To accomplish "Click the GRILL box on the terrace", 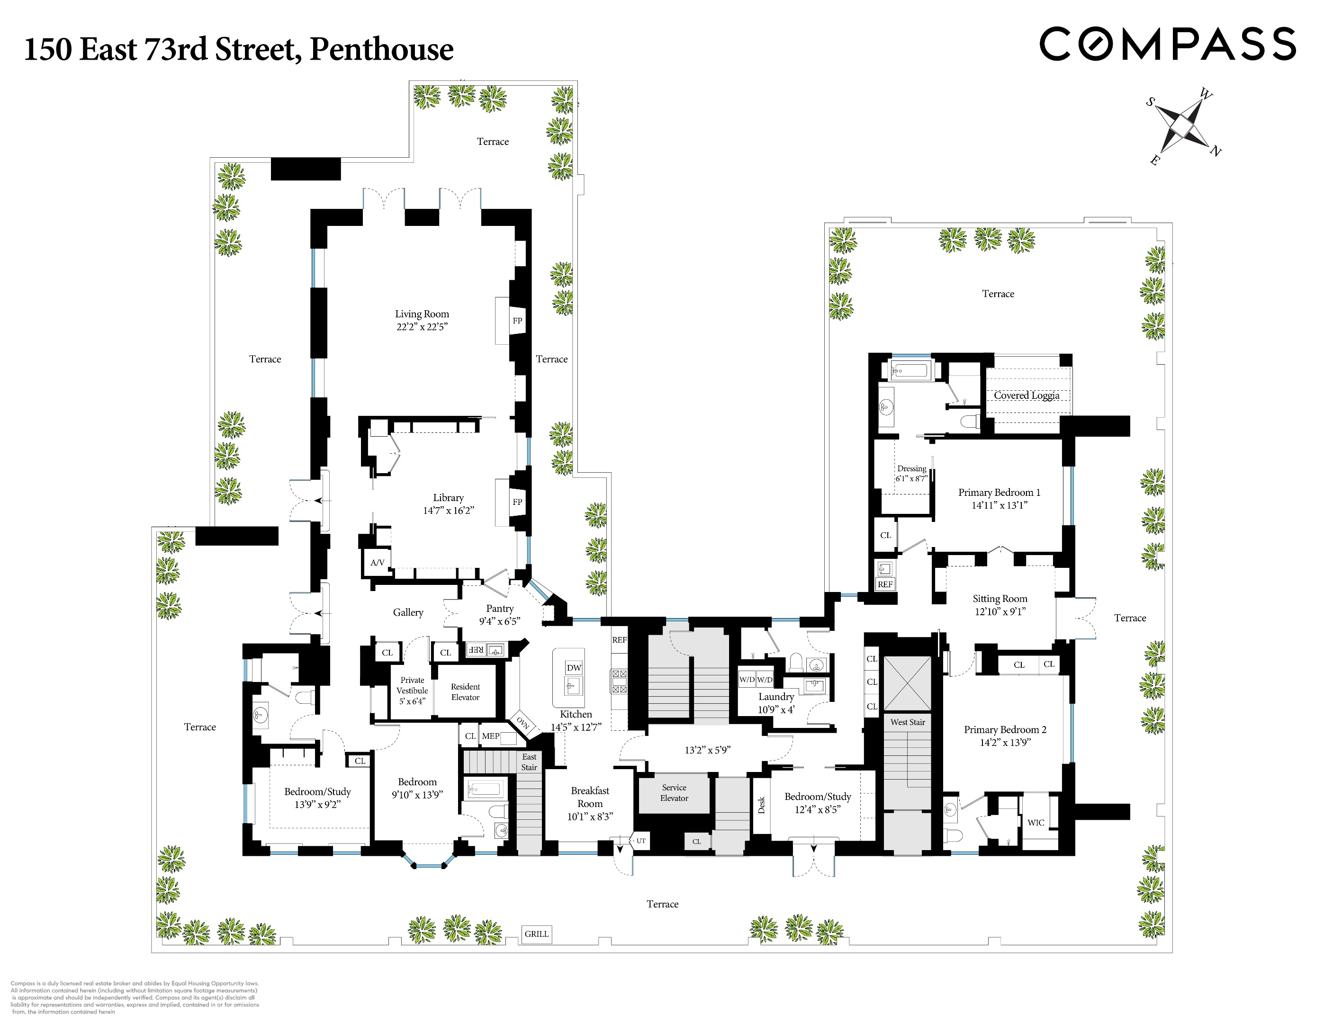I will tap(537, 934).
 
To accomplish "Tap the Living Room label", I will tap(422, 314).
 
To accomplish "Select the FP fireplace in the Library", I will tap(517, 502).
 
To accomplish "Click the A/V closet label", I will tap(377, 562).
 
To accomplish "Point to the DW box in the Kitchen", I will tap(574, 668).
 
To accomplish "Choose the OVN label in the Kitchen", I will tap(522, 723).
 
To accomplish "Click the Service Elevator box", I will tap(674, 793).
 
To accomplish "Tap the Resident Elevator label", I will tap(465, 692).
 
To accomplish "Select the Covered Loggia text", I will tap(1027, 395).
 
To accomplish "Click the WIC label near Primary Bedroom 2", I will tap(1036, 822).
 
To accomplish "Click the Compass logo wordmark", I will tap(1167, 44).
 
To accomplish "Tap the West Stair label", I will tap(908, 722).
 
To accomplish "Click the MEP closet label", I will tap(490, 736).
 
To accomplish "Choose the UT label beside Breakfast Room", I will tap(641, 841).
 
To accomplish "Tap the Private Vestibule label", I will tap(412, 690).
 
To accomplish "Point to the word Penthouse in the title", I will tap(381, 50).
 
